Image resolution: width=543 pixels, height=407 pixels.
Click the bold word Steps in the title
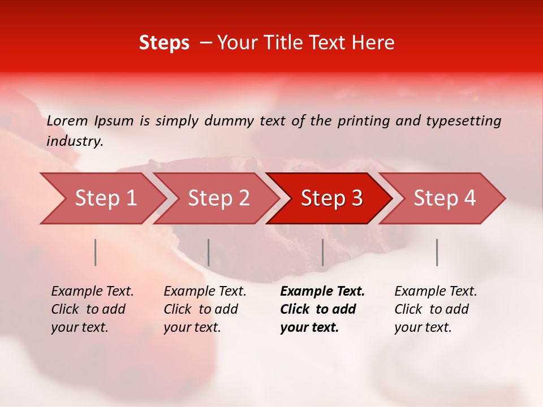click(164, 42)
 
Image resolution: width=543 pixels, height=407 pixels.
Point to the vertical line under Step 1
click(96, 252)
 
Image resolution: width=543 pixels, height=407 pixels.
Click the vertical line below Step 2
click(209, 252)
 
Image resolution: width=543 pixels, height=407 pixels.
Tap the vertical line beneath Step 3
click(322, 252)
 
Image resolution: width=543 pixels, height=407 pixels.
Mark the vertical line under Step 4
click(437, 252)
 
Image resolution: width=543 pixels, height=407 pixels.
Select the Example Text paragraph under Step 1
click(92, 309)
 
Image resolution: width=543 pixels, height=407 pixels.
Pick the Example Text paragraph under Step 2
click(205, 309)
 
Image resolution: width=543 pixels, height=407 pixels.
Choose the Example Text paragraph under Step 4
click(436, 309)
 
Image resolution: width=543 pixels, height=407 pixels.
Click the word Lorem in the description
click(67, 121)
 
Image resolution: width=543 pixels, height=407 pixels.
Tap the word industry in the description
click(74, 141)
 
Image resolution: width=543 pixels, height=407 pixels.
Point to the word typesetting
click(463, 121)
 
